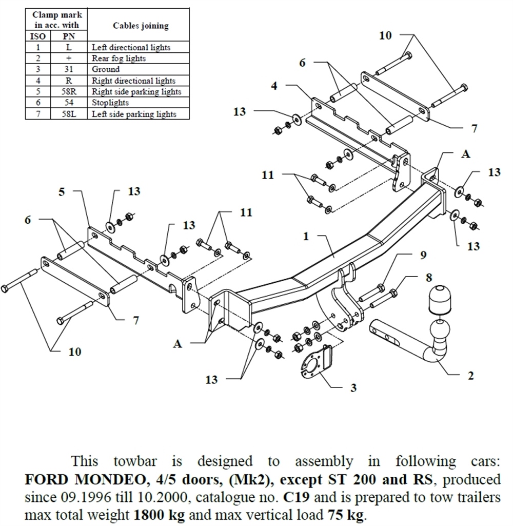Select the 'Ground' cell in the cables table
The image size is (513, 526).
[x=106, y=69]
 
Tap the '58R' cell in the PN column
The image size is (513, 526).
[x=69, y=92]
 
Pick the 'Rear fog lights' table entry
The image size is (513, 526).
[x=119, y=59]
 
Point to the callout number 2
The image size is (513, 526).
[x=471, y=376]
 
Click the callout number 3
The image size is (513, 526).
[x=353, y=387]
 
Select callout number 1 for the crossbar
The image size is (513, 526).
[x=306, y=237]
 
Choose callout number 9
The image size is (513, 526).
[x=423, y=255]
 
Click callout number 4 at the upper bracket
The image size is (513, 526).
[x=274, y=86]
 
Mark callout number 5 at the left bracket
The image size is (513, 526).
[x=62, y=192]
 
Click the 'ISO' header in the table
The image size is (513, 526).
[x=38, y=36]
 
